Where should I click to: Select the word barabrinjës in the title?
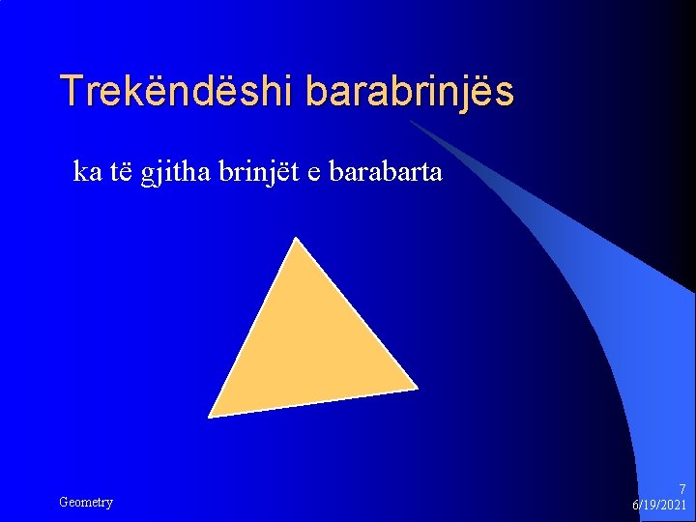tap(410, 91)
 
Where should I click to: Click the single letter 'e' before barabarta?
tap(314, 173)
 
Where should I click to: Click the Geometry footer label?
tap(86, 502)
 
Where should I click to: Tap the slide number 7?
tap(682, 489)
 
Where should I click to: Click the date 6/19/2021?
tap(659, 506)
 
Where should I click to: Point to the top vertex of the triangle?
tap(295, 239)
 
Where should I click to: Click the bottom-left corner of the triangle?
tap(210, 416)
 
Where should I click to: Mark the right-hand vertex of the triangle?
tap(417, 388)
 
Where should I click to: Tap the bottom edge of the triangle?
tap(313, 402)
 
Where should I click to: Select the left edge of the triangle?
tap(252, 328)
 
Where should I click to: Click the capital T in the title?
tap(72, 91)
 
